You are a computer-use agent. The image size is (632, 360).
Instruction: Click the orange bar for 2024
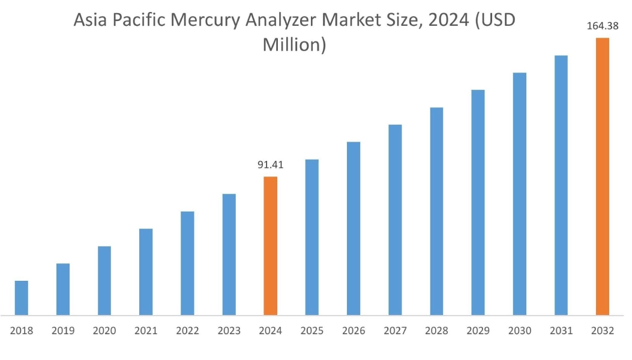tap(270, 246)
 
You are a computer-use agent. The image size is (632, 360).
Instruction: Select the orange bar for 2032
tap(602, 176)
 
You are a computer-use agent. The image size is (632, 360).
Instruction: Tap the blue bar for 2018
tap(22, 298)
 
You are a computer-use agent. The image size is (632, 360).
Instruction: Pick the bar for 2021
tap(146, 272)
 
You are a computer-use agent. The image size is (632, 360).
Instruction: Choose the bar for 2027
tap(395, 220)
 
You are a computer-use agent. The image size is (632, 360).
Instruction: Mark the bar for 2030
tap(520, 194)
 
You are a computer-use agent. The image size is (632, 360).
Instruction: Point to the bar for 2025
tap(311, 237)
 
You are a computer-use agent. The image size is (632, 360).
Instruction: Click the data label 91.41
tap(270, 164)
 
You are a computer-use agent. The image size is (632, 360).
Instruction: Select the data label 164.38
tap(602, 26)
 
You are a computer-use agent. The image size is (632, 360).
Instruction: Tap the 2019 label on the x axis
tap(63, 331)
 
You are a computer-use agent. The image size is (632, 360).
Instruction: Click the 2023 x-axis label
tap(229, 331)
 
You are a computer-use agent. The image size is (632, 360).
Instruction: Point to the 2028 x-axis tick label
tap(436, 331)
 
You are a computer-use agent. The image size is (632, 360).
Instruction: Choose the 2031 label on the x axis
tap(561, 331)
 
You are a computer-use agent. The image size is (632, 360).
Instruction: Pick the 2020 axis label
tap(104, 331)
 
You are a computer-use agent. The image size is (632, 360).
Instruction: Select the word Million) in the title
tap(294, 44)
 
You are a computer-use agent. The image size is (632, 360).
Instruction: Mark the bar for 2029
tap(478, 202)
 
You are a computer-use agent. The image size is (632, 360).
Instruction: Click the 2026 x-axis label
tap(354, 331)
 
